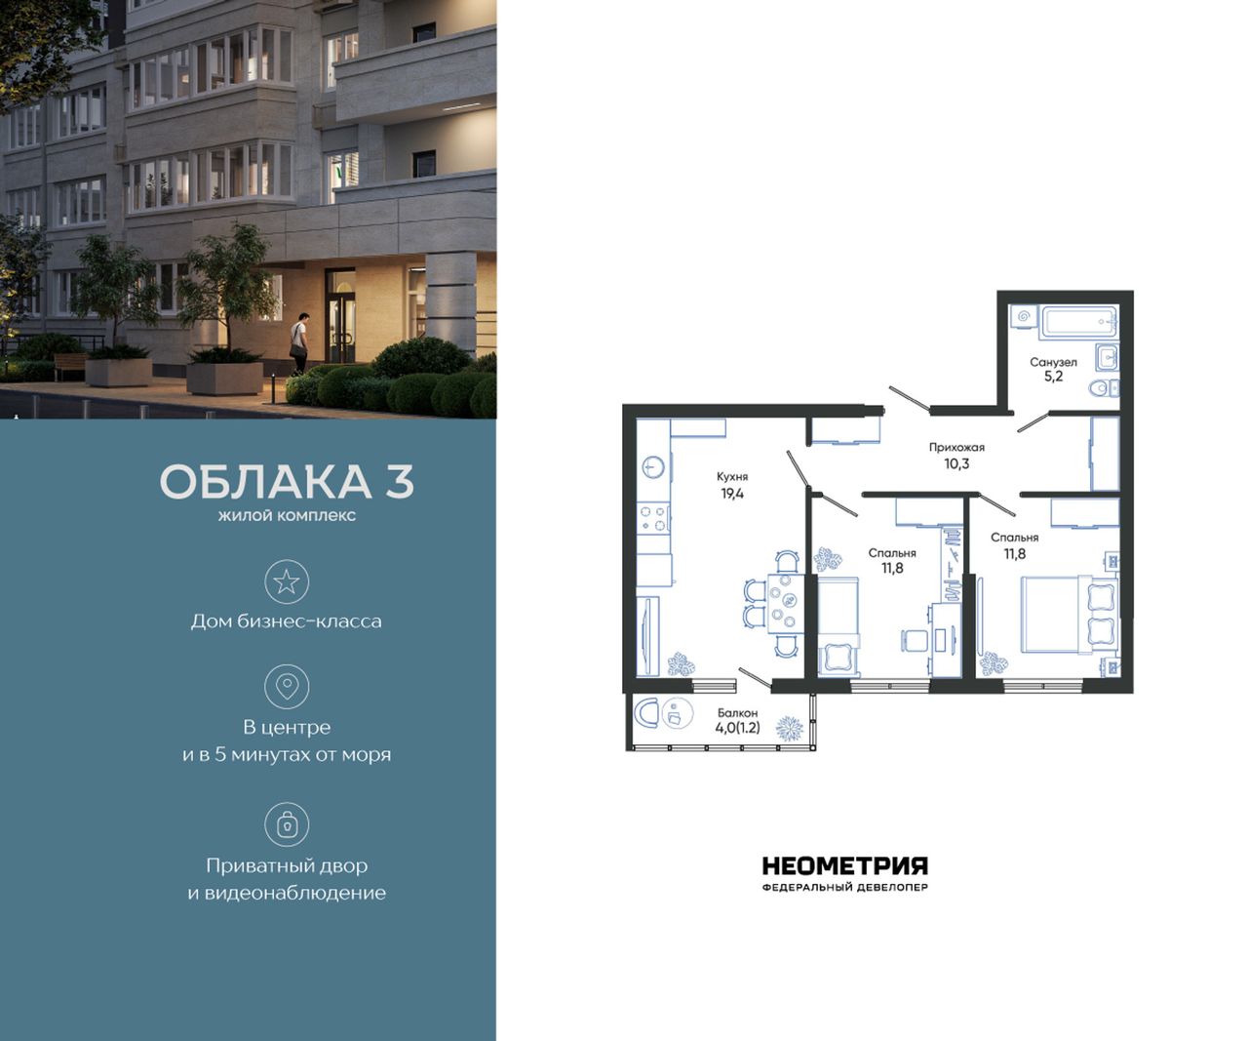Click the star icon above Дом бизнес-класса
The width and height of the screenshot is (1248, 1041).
pyautogui.click(x=287, y=581)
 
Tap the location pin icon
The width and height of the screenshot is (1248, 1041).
pyautogui.click(x=287, y=687)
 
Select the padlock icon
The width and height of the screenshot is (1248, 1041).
pyautogui.click(x=287, y=825)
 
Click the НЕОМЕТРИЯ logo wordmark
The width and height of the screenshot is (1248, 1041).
pyautogui.click(x=844, y=865)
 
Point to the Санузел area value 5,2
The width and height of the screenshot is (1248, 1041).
pyautogui.click(x=1053, y=377)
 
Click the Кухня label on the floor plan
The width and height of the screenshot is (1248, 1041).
pyautogui.click(x=732, y=477)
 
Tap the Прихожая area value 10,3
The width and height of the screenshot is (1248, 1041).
pyautogui.click(x=956, y=463)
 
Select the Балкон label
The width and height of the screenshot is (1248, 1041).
pyautogui.click(x=737, y=713)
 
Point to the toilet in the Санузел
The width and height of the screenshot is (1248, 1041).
pyautogui.click(x=1104, y=389)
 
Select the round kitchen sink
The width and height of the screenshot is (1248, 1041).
pyautogui.click(x=654, y=466)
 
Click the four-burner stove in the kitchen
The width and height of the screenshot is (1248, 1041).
pyautogui.click(x=653, y=519)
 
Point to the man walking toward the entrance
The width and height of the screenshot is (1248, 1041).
pyautogui.click(x=300, y=343)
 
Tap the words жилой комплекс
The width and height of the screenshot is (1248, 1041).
pyautogui.click(x=287, y=515)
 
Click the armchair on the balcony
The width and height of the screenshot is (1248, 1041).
pyautogui.click(x=646, y=713)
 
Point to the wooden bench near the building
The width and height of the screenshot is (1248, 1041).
pyautogui.click(x=71, y=364)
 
